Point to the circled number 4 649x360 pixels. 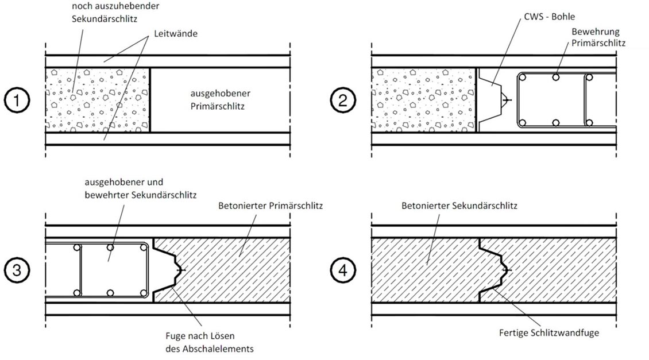point(343,270)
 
